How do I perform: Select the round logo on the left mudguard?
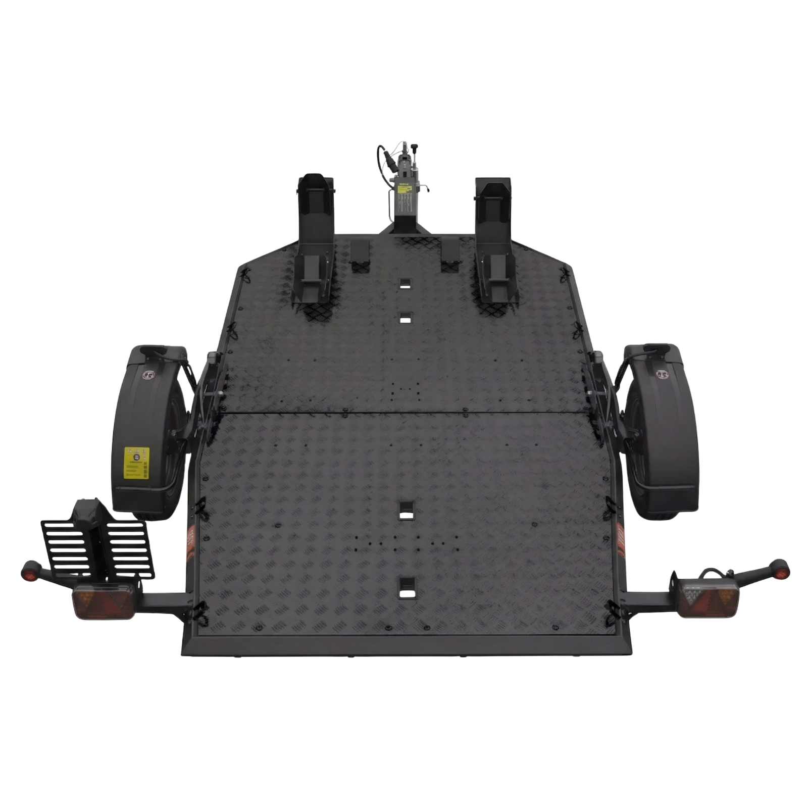pos(148,374)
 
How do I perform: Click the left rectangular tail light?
pos(104,602)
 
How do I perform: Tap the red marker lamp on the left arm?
pos(25,575)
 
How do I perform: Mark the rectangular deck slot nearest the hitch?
pos(405,283)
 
